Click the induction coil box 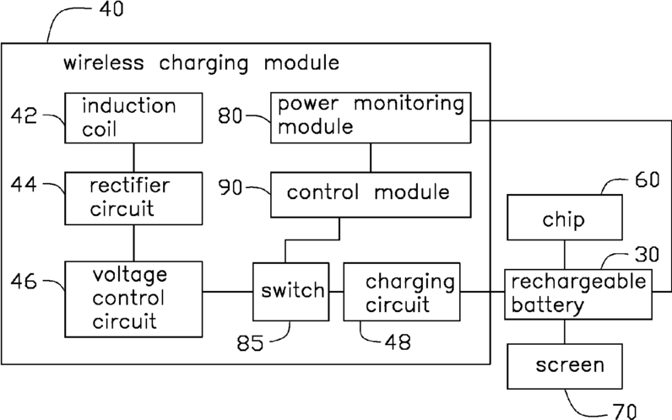click(133, 118)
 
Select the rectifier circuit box click(133, 198)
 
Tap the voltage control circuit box click(133, 299)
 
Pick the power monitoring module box click(371, 117)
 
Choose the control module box click(371, 195)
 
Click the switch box click(291, 292)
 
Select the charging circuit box click(402, 292)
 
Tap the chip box click(565, 218)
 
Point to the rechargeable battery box click(578, 294)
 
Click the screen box click(565, 366)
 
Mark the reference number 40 click(111, 9)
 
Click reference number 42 click(24, 116)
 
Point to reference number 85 click(250, 343)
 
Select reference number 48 click(398, 342)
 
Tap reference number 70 click(625, 412)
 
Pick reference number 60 click(648, 180)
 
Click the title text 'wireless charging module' click(202, 63)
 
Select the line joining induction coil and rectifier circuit click(133, 158)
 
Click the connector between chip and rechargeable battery click(565, 255)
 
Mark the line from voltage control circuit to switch click(228, 292)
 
